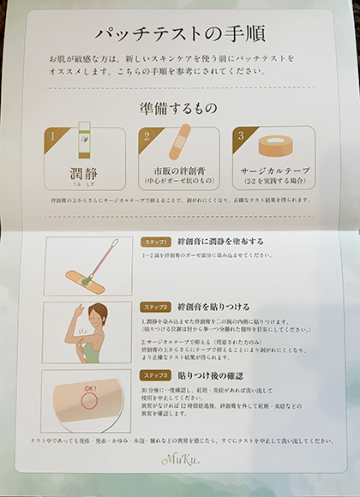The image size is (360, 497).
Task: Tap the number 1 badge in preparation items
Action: (x=54, y=135)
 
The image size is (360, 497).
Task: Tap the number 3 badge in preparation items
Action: (x=242, y=135)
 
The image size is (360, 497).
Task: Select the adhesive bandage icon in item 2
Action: (x=183, y=145)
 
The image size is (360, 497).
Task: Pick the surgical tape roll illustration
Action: (x=277, y=147)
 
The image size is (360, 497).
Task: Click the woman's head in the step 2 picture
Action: (x=98, y=314)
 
